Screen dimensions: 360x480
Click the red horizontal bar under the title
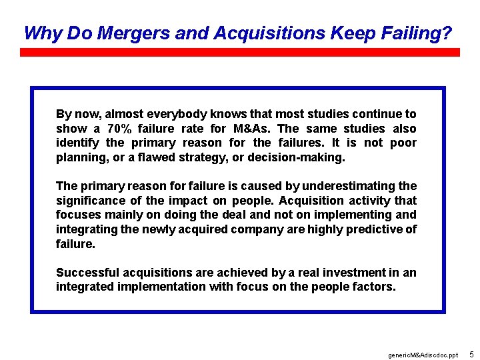click(x=240, y=51)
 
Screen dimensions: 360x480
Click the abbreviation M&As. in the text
click(x=252, y=129)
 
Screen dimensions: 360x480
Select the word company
click(x=256, y=229)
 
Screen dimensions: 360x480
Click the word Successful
click(x=87, y=272)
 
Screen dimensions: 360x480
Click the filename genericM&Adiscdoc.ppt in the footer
click(x=423, y=355)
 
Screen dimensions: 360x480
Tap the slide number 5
click(x=471, y=354)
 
